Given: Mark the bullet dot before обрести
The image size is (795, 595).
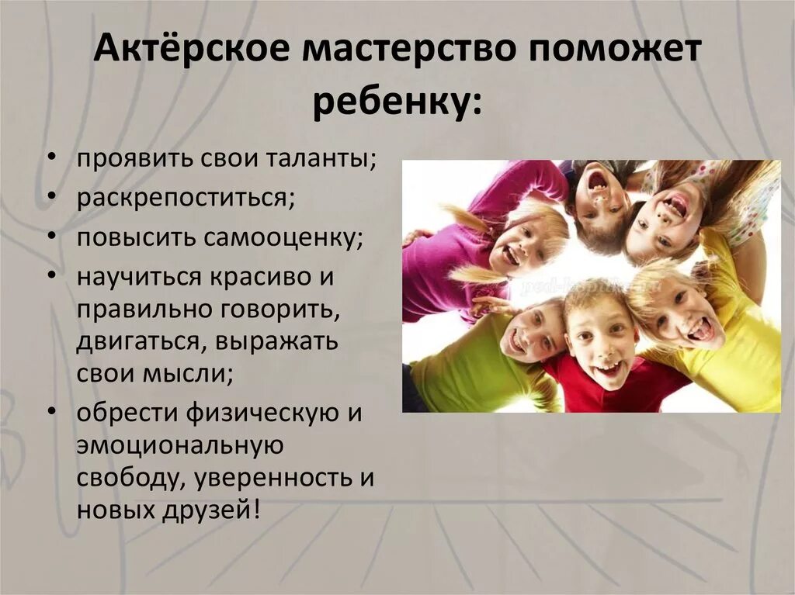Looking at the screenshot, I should tap(50, 412).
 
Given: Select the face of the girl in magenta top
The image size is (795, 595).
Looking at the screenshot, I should tap(518, 247).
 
